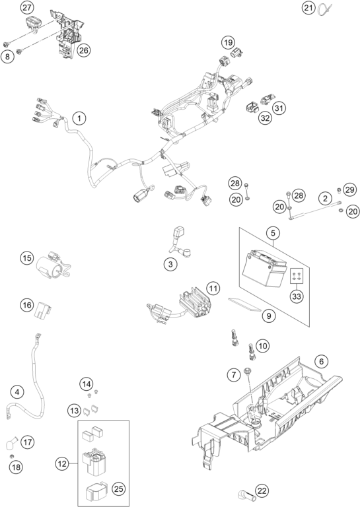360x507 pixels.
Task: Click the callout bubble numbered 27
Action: point(27,8)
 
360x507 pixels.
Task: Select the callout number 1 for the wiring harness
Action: point(79,118)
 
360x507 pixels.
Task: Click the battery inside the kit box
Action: point(264,268)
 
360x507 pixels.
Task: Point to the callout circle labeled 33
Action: point(297,296)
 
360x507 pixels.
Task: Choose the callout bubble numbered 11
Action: point(213,288)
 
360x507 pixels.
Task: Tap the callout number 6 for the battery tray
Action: point(321,361)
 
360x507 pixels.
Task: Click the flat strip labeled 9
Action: point(244,304)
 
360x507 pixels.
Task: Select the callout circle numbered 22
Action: point(262,491)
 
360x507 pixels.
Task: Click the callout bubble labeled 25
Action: point(119,489)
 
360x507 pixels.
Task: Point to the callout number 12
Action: point(62,464)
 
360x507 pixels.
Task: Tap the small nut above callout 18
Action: point(12,456)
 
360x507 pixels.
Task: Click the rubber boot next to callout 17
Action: point(11,443)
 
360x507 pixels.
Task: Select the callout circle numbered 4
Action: point(17,392)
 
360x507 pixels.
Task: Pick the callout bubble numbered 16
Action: point(27,304)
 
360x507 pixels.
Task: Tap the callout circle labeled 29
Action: point(349,189)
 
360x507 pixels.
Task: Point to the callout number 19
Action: point(228,42)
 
